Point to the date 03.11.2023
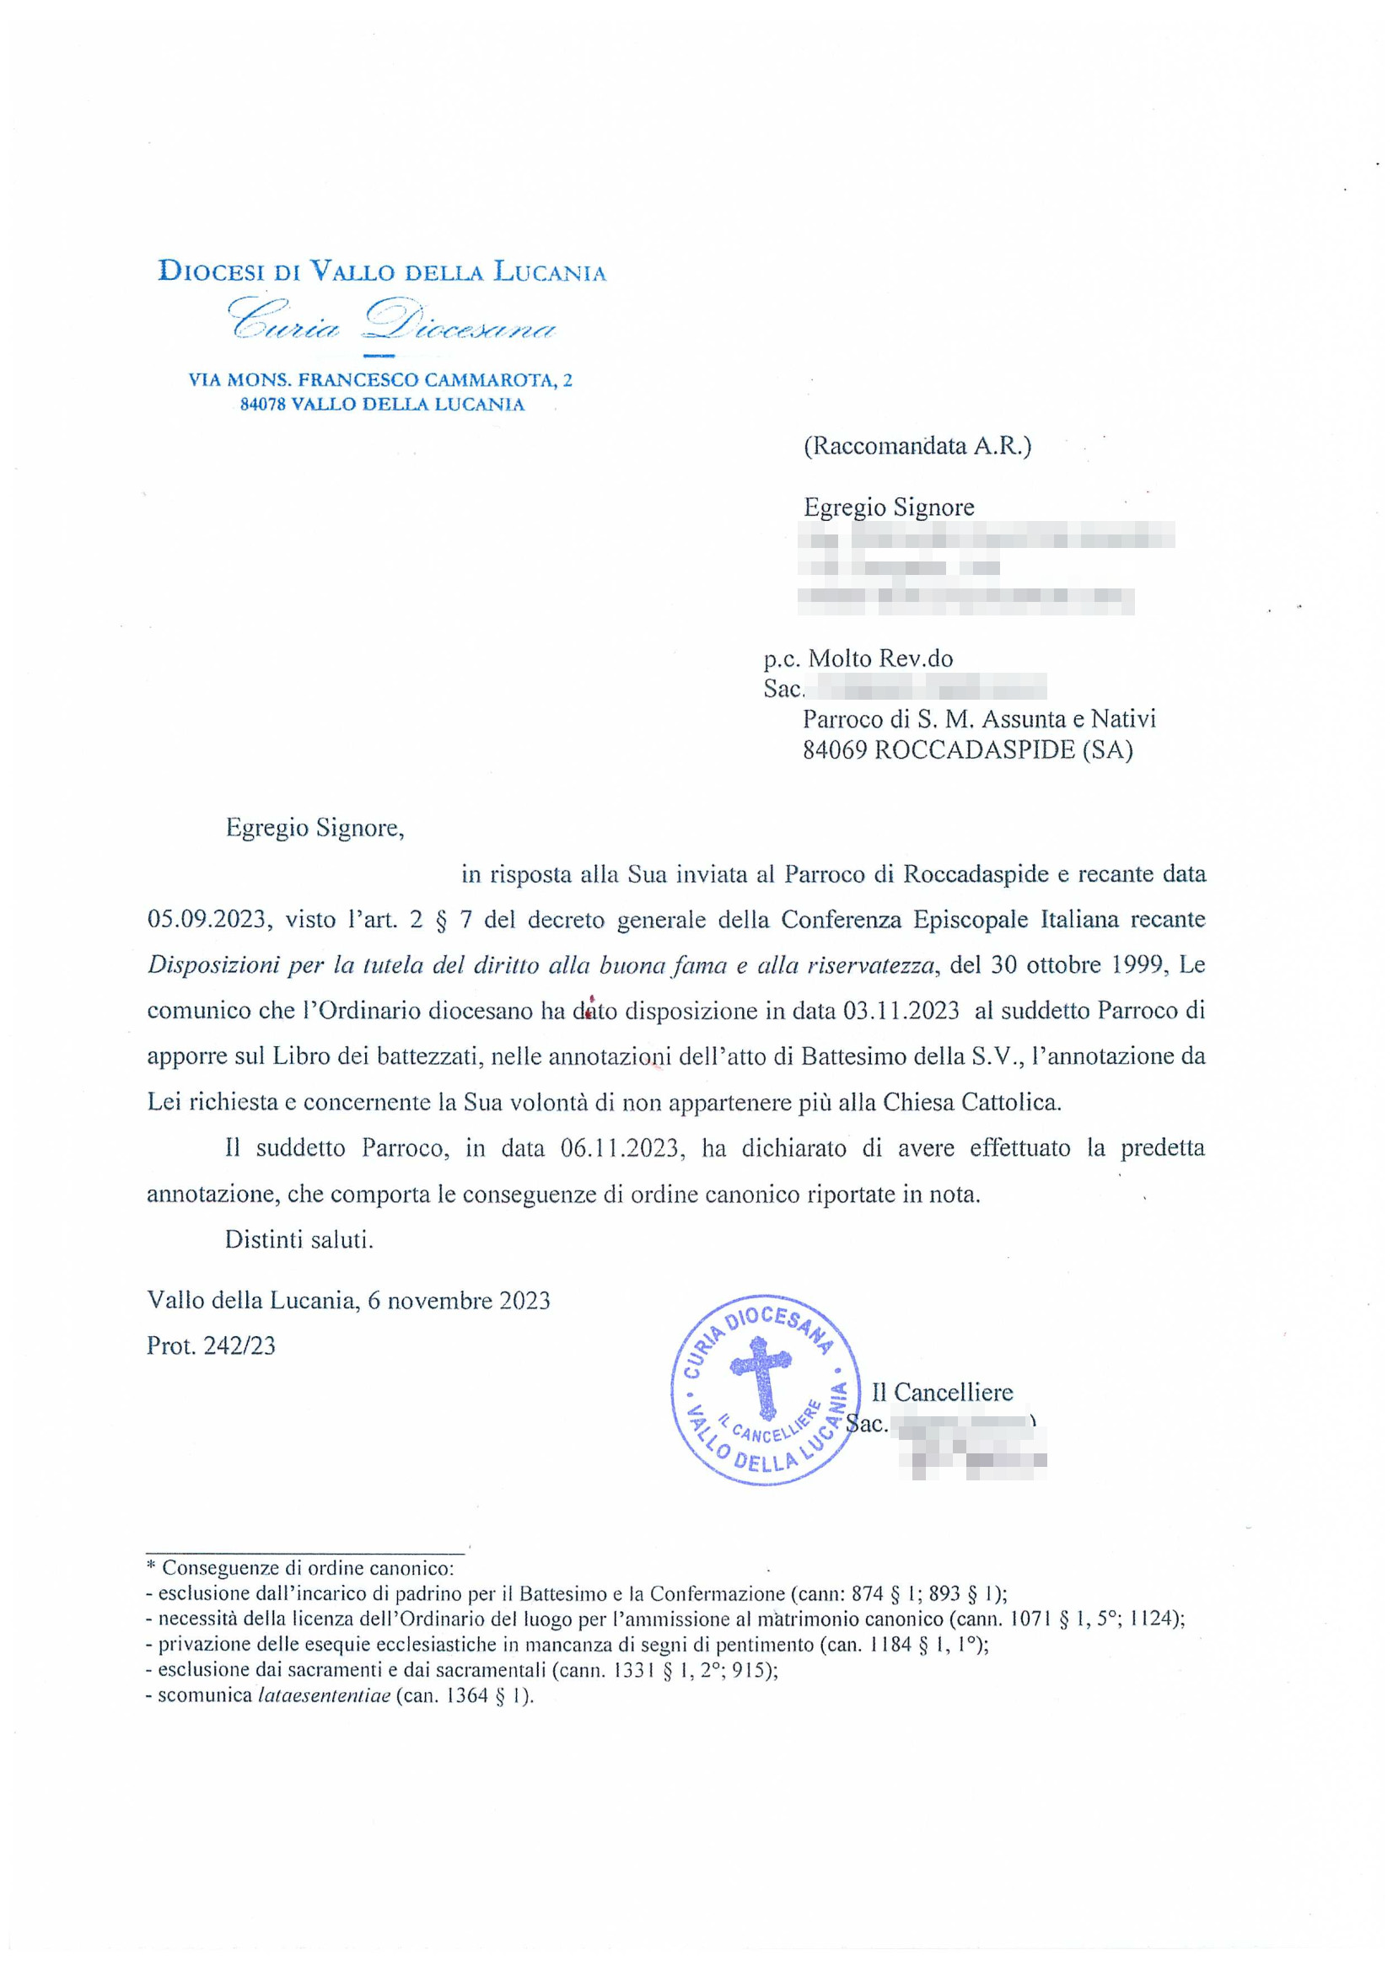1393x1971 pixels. tap(901, 1011)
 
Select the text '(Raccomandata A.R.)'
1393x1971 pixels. tap(917, 445)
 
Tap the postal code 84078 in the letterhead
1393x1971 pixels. tap(263, 405)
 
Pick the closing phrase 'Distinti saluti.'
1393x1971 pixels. tap(298, 1239)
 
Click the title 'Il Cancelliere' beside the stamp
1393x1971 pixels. tap(942, 1392)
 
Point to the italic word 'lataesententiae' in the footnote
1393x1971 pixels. tap(324, 1695)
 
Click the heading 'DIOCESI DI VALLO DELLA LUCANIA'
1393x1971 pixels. tap(382, 272)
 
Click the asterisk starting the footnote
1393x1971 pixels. tap(151, 1567)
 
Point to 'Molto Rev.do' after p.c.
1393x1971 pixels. tap(880, 658)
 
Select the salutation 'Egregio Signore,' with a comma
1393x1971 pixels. tap(315, 829)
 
